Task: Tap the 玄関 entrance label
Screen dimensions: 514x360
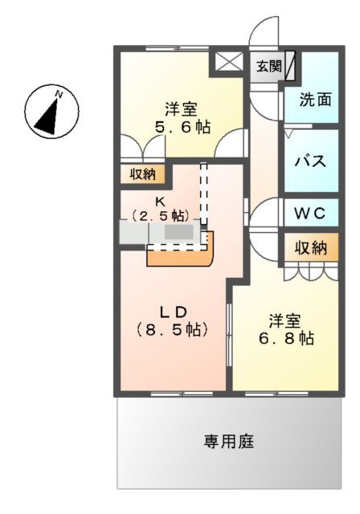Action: pos(269,67)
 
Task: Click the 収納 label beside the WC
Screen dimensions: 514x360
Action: pos(310,248)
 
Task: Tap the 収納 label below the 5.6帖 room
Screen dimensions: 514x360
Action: pos(144,173)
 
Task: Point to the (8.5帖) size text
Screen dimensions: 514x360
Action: pos(172,329)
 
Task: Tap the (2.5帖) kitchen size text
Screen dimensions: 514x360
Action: pos(161,215)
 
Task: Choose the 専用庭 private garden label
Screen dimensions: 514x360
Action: pos(229,441)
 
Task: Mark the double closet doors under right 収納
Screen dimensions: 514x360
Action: pos(310,272)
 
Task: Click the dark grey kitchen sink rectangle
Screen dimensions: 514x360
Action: pos(179,231)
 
